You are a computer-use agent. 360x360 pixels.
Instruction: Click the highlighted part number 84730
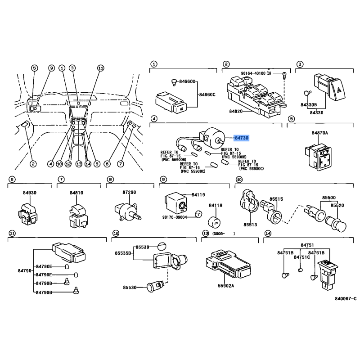[242, 138]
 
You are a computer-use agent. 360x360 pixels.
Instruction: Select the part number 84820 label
[236, 111]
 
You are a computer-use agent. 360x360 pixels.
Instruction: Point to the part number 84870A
[320, 133]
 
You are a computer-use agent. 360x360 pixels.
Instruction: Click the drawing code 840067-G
[346, 299]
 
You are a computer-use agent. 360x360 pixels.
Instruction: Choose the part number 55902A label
[226, 286]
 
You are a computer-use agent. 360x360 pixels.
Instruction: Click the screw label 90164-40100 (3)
[256, 73]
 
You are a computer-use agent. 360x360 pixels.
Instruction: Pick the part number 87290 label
[129, 193]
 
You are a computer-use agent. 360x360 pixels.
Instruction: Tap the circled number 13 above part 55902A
[205, 233]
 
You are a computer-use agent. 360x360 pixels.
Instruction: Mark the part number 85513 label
[250, 225]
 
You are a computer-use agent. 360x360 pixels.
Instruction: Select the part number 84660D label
[187, 81]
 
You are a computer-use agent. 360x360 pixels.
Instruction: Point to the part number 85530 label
[130, 288]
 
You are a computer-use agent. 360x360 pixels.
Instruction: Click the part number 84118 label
[216, 206]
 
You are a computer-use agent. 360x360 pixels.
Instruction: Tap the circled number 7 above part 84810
[61, 179]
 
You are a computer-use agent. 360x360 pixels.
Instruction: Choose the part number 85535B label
[123, 253]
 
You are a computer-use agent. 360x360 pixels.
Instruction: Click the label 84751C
[302, 257]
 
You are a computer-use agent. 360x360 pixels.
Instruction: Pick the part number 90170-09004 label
[175, 217]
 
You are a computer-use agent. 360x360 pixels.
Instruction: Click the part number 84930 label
[30, 193]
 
